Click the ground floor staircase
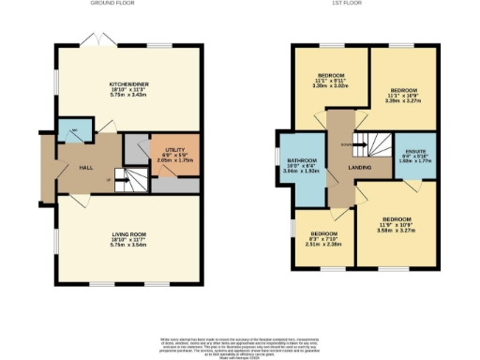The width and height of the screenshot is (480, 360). [x=125, y=179]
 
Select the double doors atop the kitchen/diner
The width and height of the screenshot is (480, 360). [x=94, y=40]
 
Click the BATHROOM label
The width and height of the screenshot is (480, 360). [x=302, y=160]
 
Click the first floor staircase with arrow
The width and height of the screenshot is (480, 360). [x=376, y=146]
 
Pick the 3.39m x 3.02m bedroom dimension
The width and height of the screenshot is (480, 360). [x=331, y=85]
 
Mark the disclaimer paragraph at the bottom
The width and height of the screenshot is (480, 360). [x=240, y=344]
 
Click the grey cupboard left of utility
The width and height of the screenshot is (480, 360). [x=137, y=147]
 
